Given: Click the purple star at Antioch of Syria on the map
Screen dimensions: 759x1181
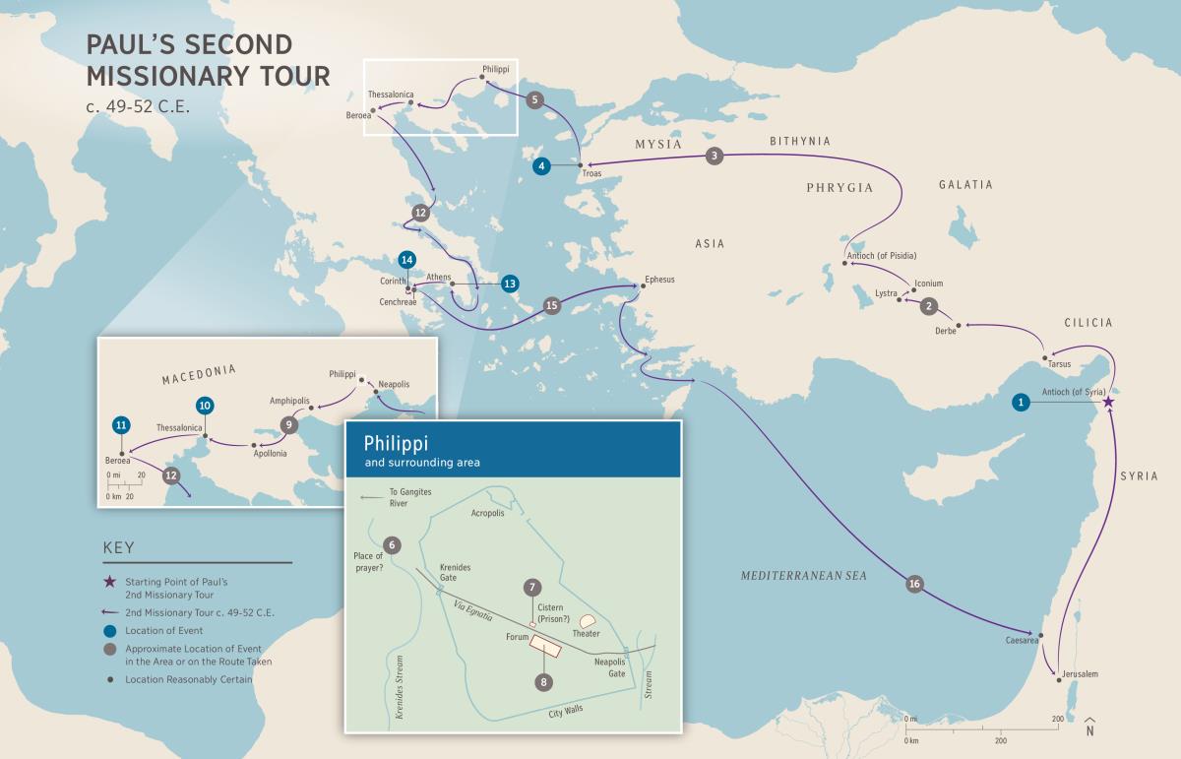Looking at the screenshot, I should point(1108,402).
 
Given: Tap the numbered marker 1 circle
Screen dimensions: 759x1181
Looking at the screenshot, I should point(1023,402).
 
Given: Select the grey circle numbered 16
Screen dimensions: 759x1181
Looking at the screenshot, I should point(914,585).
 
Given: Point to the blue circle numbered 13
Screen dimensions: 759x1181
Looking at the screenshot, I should point(509,284).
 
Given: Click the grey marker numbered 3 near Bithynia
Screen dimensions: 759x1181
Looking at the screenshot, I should point(715,156).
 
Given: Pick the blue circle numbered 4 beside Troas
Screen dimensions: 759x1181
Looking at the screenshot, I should point(541,166).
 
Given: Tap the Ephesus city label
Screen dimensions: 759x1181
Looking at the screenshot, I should point(659,280).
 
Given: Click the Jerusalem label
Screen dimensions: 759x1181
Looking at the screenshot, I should point(1079,673).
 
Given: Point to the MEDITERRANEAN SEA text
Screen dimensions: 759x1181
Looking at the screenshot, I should point(804,575).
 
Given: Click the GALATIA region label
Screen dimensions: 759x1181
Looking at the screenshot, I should point(964,184).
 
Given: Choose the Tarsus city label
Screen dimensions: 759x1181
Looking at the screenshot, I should point(1059,364).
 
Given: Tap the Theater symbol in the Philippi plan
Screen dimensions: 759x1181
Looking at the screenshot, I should point(589,621).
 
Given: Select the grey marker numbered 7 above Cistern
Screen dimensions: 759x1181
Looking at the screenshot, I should point(531,588).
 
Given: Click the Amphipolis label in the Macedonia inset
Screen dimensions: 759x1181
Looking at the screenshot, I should point(289,402).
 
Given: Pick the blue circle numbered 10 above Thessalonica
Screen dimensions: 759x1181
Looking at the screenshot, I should point(205,405).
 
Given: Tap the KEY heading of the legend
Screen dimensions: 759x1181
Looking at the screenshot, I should point(118,548).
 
